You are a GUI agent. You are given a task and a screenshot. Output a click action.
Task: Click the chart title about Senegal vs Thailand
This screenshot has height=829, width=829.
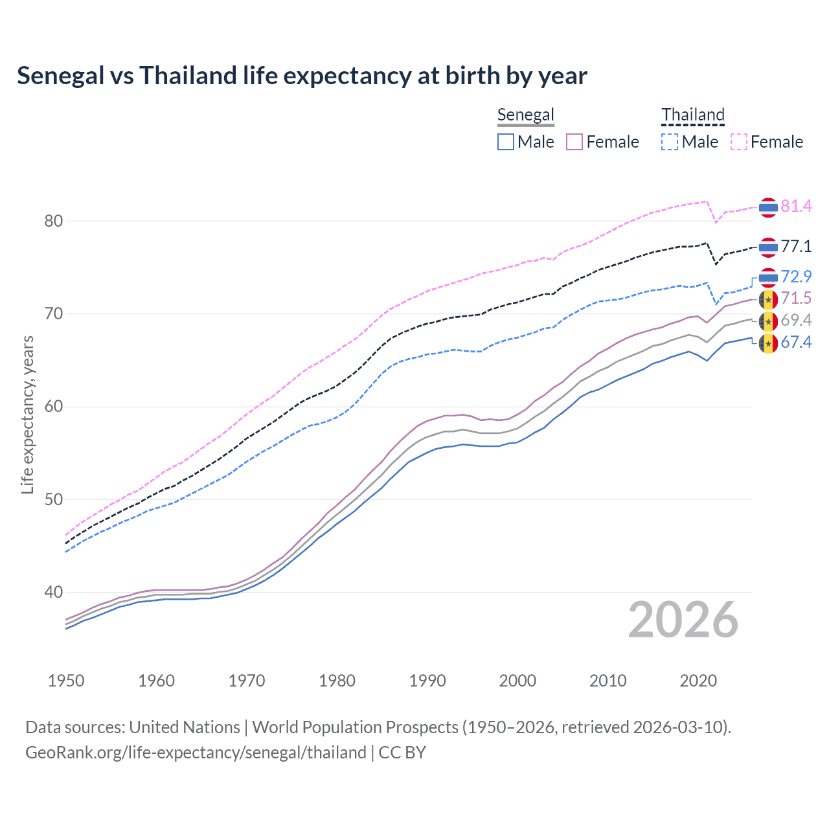click(302, 76)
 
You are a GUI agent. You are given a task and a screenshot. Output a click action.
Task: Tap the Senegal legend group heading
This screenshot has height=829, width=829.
click(525, 115)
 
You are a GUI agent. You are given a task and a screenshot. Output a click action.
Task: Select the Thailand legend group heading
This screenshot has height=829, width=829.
click(692, 115)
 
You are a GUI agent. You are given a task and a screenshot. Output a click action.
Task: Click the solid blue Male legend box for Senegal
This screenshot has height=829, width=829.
click(506, 142)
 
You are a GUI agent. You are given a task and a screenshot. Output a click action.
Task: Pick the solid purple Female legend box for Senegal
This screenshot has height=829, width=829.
click(574, 142)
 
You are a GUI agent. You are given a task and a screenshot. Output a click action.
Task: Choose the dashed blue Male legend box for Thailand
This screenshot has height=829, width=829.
click(670, 142)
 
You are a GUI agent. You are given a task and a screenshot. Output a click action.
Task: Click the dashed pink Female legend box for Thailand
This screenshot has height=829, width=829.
click(739, 142)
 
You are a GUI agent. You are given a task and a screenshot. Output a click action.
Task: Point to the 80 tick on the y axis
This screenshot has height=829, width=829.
click(54, 221)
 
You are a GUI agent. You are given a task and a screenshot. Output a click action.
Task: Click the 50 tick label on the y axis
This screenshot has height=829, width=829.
click(54, 499)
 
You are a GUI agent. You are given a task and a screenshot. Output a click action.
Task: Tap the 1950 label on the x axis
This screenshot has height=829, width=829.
click(66, 681)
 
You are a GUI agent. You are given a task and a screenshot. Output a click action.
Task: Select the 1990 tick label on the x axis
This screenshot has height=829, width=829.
click(427, 681)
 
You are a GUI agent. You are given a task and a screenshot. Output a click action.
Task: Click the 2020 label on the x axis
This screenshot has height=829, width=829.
click(698, 681)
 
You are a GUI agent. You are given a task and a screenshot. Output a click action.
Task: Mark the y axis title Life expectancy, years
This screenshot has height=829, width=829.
click(27, 414)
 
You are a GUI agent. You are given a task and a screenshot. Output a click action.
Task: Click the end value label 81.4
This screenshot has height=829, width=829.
click(796, 207)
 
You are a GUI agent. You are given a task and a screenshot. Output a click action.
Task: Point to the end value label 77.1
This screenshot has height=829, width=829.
click(796, 247)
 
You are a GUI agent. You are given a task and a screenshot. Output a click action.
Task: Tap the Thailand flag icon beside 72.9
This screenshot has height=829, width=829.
click(768, 277)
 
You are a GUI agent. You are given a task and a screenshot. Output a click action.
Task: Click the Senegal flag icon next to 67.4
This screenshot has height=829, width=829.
click(768, 343)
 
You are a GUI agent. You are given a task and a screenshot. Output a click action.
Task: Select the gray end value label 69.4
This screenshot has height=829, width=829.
click(796, 320)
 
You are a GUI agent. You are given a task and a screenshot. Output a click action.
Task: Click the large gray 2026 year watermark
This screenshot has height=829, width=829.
click(683, 620)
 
